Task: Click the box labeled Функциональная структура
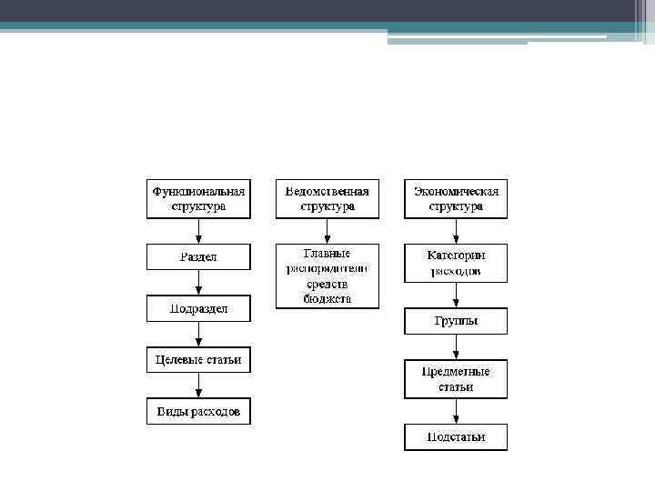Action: pos(198,199)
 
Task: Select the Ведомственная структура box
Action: pos(327,199)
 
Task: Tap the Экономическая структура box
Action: pos(456,199)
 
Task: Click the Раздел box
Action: pos(198,257)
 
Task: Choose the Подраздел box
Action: pos(198,309)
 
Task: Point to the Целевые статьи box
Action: pos(198,360)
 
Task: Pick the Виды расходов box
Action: pos(198,412)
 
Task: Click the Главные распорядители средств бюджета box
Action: pos(327,276)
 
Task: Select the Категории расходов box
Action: pos(456,264)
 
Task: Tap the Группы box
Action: pos(456,321)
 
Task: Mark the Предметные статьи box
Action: pos(456,379)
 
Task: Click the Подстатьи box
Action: pos(456,437)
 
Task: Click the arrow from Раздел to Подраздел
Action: pos(198,283)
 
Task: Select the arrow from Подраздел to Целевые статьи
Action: pos(198,334)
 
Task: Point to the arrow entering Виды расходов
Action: pos(198,386)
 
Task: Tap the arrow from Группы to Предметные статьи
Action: pos(456,347)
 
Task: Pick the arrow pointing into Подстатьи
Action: pos(456,411)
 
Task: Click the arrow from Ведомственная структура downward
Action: pos(327,231)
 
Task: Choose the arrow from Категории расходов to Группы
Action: pos(456,296)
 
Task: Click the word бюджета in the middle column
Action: pos(327,298)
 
